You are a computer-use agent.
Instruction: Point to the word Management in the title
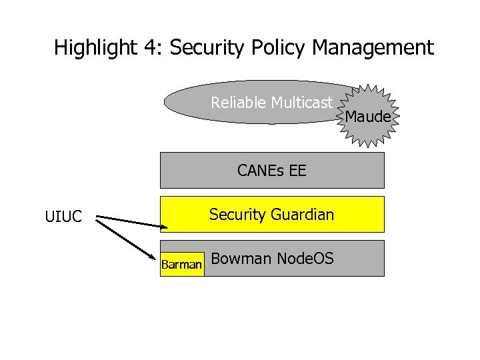tap(373, 48)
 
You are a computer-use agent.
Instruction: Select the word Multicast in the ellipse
tap(301, 103)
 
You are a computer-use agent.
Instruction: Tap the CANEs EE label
tap(271, 171)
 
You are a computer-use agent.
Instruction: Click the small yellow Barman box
tap(181, 265)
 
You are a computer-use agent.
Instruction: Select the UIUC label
tap(63, 217)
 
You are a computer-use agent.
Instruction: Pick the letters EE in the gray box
tap(298, 171)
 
